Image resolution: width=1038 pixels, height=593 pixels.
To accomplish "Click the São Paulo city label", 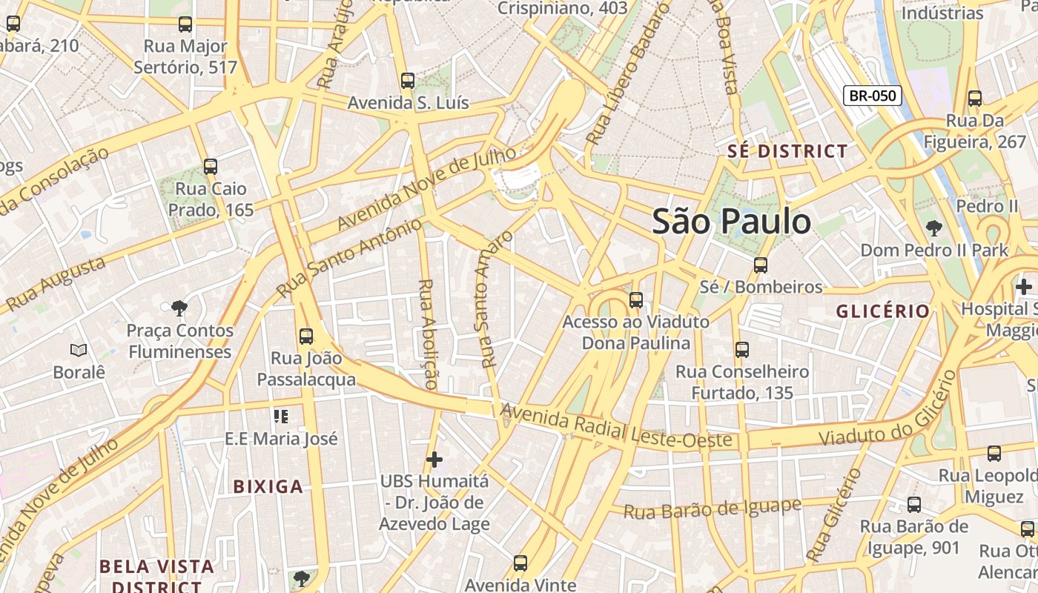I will (x=731, y=222).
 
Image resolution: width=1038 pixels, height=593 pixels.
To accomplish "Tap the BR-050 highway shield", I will (x=872, y=96).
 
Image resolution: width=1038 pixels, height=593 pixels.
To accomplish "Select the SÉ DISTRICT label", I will (x=787, y=151).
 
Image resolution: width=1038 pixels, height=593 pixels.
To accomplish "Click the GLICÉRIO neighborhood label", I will (x=883, y=311).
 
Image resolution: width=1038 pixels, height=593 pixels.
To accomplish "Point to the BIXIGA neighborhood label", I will (x=268, y=486).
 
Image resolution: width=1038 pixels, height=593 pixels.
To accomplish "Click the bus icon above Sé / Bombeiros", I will (x=761, y=265).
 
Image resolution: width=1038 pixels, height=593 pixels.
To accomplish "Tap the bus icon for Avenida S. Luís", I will (x=407, y=81).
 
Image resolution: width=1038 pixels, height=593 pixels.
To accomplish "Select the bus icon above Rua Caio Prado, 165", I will (x=211, y=167).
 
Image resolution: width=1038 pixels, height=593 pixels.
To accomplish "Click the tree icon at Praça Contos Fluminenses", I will (x=179, y=308).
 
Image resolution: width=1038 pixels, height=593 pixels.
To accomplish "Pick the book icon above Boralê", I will (x=79, y=350).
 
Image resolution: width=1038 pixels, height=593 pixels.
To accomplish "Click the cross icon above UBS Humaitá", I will (x=434, y=460).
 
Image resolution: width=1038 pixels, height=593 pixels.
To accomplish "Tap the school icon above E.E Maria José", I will (x=280, y=417).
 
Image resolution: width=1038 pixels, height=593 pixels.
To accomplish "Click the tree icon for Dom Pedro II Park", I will (x=933, y=228).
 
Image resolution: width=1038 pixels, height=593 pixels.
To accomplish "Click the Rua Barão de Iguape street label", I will (x=712, y=509).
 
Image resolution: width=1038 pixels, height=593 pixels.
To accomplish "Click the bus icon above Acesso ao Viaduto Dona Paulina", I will (x=636, y=300).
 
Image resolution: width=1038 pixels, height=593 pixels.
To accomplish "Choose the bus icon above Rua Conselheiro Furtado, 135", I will (x=742, y=350).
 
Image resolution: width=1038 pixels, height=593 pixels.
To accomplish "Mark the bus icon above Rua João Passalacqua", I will (x=306, y=337).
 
